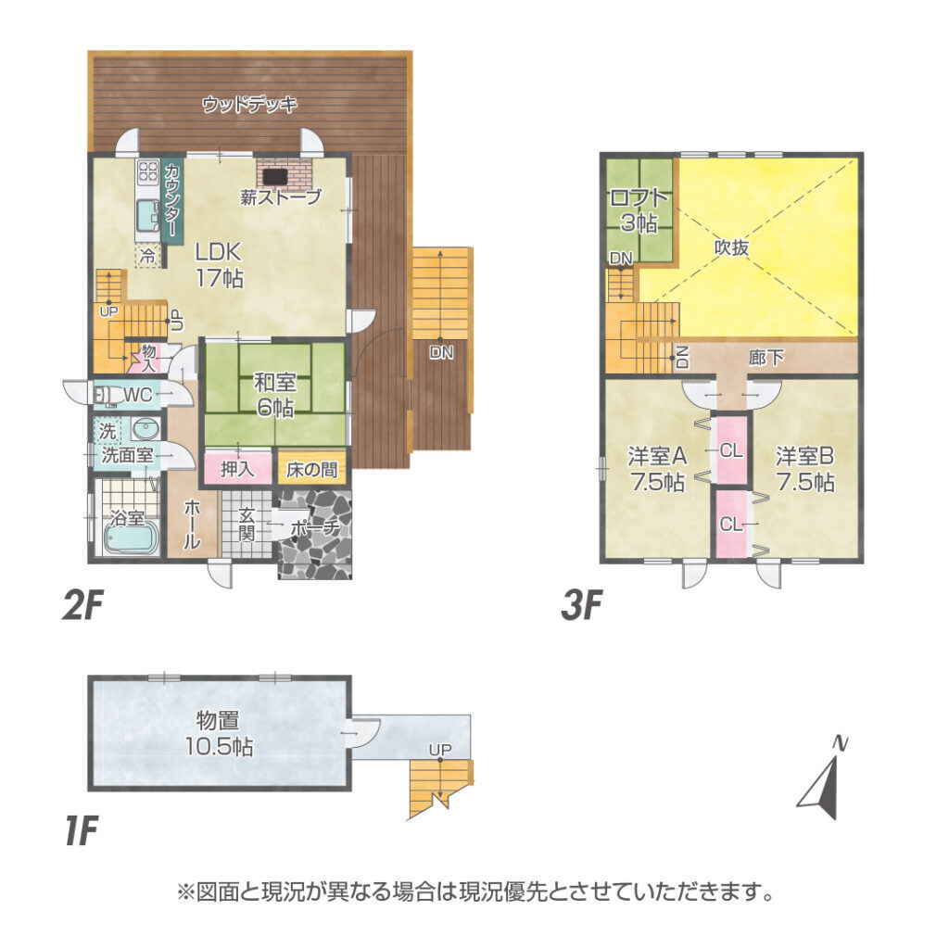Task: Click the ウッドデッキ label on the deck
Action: pyautogui.click(x=249, y=104)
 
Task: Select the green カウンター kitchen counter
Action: pyautogui.click(x=171, y=201)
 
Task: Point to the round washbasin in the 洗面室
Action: pyautogui.click(x=146, y=429)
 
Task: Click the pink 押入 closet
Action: pyautogui.click(x=238, y=468)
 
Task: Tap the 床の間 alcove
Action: pyautogui.click(x=311, y=469)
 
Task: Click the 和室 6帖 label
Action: pyautogui.click(x=274, y=395)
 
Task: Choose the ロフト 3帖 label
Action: pyautogui.click(x=639, y=210)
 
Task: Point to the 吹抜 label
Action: pyautogui.click(x=732, y=247)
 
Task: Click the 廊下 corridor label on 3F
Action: pyautogui.click(x=766, y=358)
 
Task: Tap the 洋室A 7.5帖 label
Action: pyautogui.click(x=657, y=468)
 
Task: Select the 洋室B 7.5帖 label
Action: pyautogui.click(x=805, y=468)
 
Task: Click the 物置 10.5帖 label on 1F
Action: pyautogui.click(x=219, y=734)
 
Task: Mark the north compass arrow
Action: pyautogui.click(x=822, y=779)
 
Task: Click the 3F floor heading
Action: pyautogui.click(x=582, y=605)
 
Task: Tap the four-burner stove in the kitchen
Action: pyautogui.click(x=148, y=171)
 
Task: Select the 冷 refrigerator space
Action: pyautogui.click(x=147, y=256)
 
